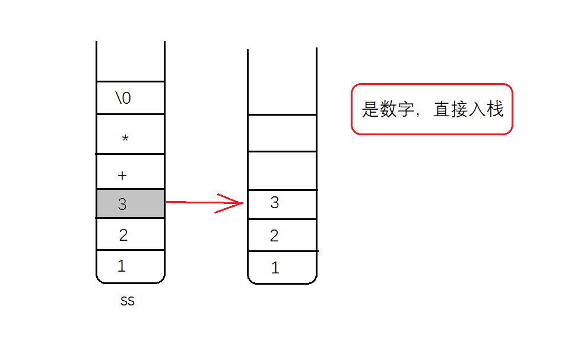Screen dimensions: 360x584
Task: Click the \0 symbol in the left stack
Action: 123,98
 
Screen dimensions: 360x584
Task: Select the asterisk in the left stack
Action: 125,139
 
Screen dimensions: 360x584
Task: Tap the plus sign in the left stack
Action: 123,176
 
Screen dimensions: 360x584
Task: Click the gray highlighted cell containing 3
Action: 131,204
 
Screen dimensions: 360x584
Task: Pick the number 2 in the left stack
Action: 123,235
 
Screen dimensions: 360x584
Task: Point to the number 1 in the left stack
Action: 122,266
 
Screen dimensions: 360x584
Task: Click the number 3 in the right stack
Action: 274,203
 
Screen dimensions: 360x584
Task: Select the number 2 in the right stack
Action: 274,236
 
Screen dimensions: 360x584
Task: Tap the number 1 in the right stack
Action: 275,268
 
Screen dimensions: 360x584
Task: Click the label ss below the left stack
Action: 128,301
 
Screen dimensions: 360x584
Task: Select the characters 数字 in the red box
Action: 397,110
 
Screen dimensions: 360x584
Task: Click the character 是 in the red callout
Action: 370,110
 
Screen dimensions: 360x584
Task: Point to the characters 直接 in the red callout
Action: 450,110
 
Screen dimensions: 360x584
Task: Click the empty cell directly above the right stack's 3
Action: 282,171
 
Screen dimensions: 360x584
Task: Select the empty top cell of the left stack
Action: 131,62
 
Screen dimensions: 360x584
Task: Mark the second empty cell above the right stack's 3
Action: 282,133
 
